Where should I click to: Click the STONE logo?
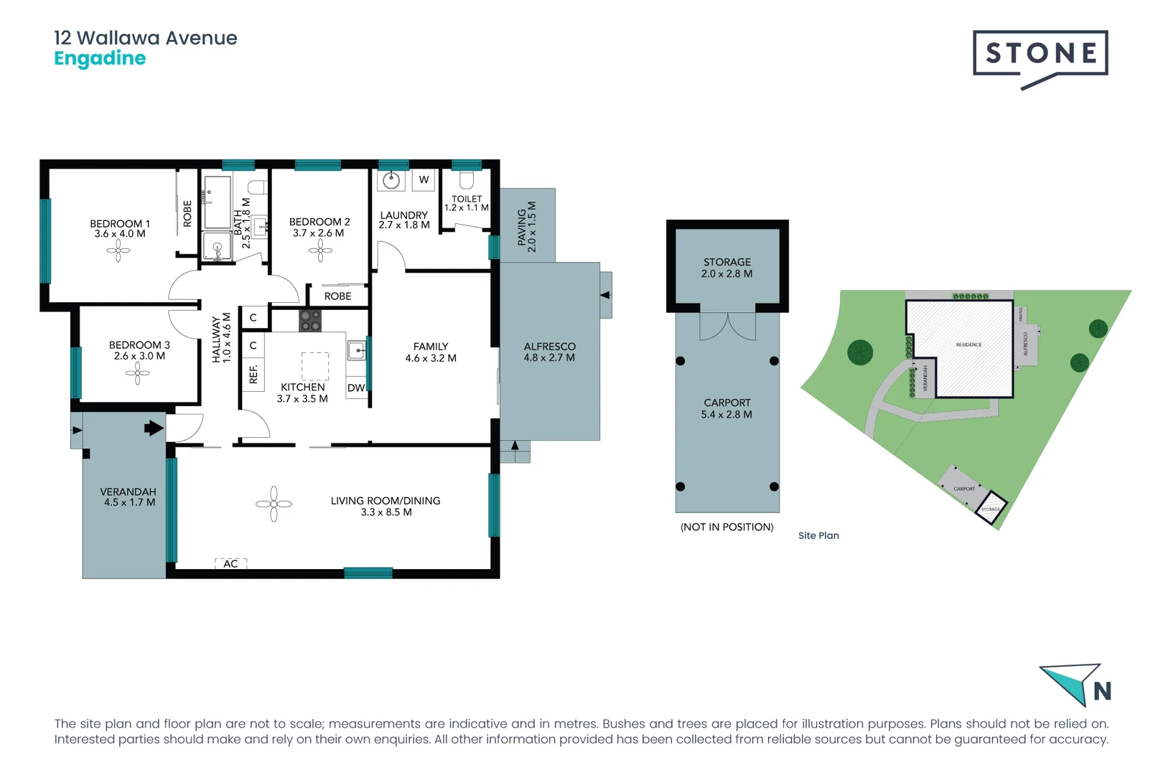[1040, 55]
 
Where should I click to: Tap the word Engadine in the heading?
[100, 59]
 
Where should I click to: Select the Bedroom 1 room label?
[120, 224]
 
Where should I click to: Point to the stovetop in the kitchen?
[310, 321]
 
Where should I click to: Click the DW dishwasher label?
[356, 388]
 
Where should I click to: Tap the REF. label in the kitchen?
[253, 374]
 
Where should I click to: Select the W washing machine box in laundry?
[424, 179]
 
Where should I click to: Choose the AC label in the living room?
[230, 564]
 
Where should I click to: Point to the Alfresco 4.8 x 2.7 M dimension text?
[549, 357]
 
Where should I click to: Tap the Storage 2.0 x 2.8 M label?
[727, 268]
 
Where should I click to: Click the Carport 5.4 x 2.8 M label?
[727, 408]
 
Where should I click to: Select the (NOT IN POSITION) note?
[727, 527]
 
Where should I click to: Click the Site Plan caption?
[818, 535]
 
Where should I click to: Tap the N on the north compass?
[1102, 692]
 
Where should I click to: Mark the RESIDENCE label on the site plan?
[968, 344]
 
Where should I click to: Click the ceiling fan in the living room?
[274, 504]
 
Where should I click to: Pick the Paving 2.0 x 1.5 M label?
[527, 226]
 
